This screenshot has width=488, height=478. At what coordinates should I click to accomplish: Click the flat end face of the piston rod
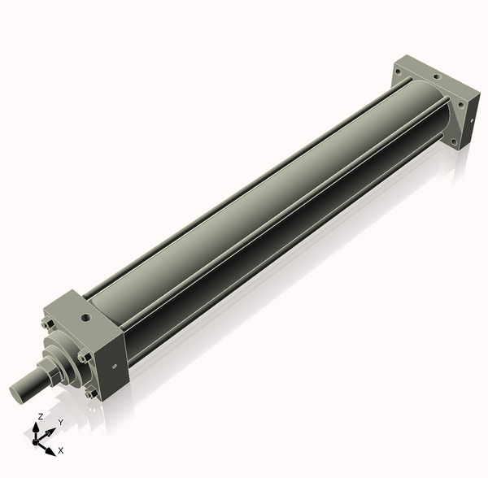[x=16, y=393]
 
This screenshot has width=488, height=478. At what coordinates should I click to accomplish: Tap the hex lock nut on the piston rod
[x=46, y=370]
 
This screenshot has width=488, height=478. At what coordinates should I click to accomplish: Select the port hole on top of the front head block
[x=85, y=318]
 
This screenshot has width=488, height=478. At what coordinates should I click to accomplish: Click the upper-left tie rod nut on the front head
[x=48, y=324]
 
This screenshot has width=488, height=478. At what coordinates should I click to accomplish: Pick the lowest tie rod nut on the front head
[x=91, y=394]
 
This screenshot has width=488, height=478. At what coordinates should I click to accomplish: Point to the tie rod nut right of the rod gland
[x=84, y=356]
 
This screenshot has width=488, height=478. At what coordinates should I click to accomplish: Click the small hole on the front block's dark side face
[x=114, y=366]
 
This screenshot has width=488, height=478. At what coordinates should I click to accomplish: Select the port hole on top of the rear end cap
[x=437, y=76]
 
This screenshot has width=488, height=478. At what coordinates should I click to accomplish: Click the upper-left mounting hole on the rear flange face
[x=398, y=72]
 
